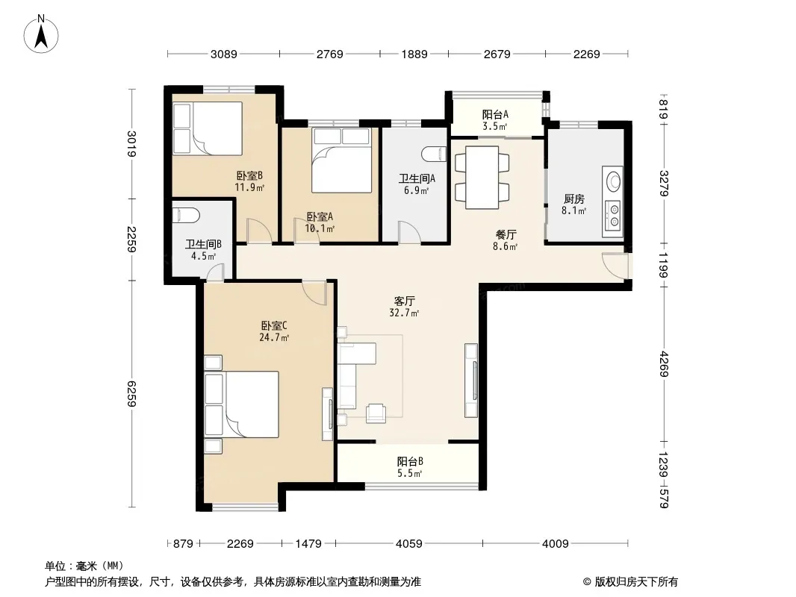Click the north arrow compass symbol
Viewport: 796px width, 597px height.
coord(41,34)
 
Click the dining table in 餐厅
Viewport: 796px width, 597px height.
coord(482,178)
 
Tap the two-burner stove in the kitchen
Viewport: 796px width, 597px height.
coord(614,215)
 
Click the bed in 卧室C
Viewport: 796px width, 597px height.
coord(242,404)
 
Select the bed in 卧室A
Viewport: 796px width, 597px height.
coord(342,160)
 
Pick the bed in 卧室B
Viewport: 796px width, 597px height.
coord(207,128)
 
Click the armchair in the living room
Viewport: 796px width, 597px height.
coord(376,413)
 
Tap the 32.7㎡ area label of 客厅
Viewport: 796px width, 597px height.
coord(404,313)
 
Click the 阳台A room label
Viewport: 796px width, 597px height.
coord(495,115)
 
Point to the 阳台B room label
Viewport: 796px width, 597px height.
coord(410,462)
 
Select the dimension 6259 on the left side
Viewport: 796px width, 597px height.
coord(131,393)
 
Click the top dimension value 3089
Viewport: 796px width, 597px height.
coord(224,54)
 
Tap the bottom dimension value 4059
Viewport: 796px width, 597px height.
coord(408,544)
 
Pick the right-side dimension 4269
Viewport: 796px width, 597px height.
coord(664,364)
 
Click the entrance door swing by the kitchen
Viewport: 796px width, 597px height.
coord(615,265)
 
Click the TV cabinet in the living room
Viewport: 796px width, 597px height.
coord(471,381)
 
